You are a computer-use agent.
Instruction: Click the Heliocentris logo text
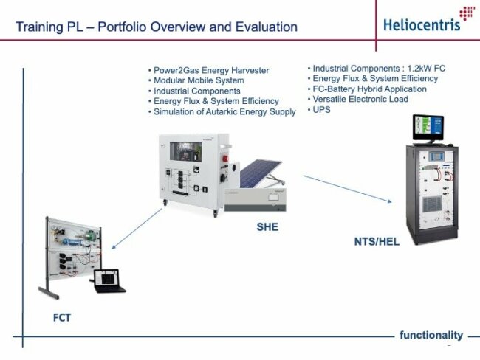coord(422,25)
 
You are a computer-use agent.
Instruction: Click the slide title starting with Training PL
coord(157,27)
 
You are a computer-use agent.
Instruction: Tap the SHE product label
coord(267,227)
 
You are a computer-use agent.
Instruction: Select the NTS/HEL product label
coord(377,242)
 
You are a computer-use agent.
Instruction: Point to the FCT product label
coord(62,318)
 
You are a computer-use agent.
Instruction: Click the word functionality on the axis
coord(431,335)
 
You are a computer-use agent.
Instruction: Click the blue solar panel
coord(260,173)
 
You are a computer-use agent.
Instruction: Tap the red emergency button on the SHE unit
coord(225,159)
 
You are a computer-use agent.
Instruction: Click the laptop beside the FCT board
coord(109,281)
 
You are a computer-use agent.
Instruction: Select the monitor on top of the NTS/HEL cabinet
coord(428,129)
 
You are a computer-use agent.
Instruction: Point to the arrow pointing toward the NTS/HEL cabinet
coord(348,189)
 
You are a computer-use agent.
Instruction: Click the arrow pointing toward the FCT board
coord(137,229)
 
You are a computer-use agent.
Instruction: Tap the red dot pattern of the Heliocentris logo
coord(467,13)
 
